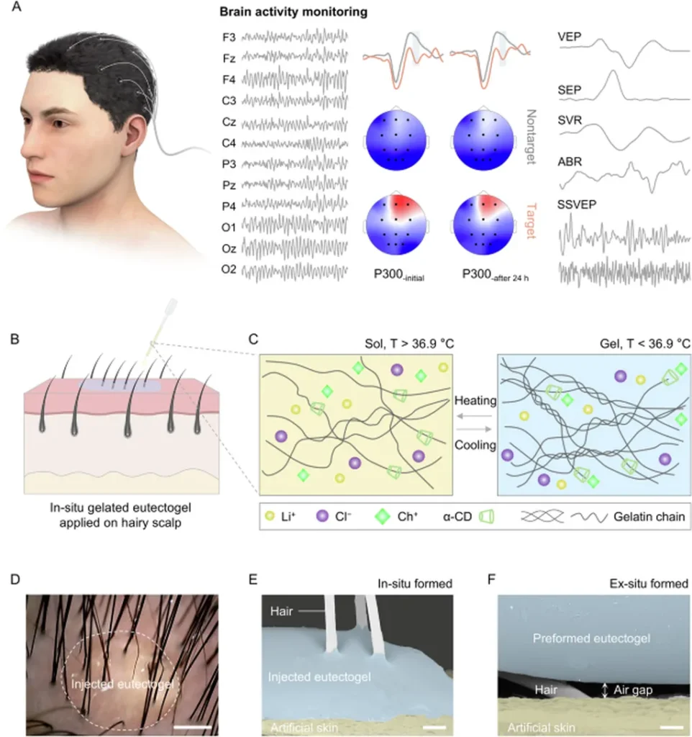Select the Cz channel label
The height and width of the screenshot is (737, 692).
[229, 126]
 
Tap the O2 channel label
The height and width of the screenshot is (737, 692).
[229, 271]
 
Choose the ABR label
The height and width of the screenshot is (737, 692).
[570, 163]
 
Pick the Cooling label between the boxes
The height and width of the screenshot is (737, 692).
[475, 445]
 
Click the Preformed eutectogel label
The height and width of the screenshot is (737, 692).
[592, 638]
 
